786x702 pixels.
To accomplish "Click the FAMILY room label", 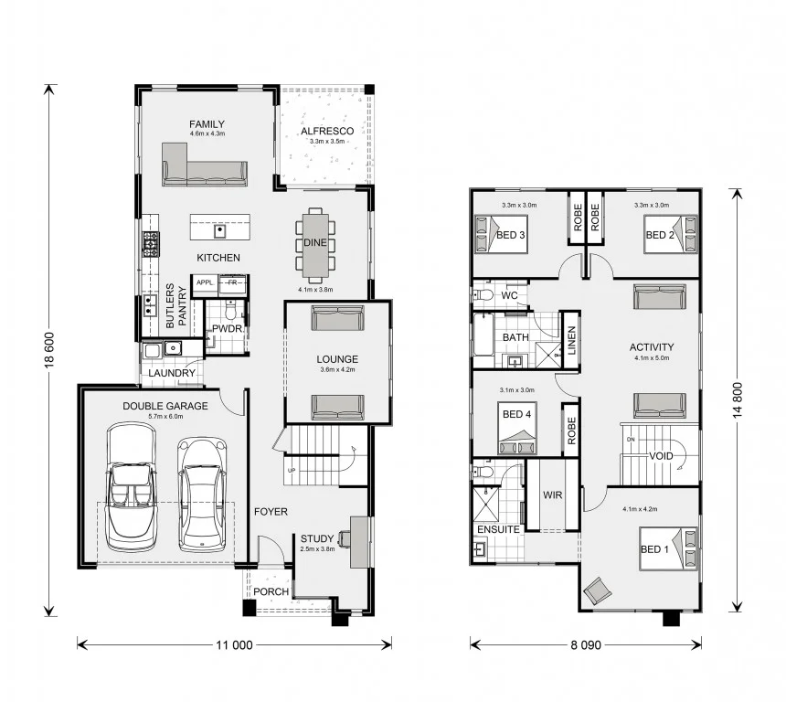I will [x=207, y=124].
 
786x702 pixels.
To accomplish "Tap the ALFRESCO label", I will [x=326, y=131].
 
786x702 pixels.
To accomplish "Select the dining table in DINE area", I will [x=315, y=245].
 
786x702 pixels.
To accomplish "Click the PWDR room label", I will [x=226, y=328].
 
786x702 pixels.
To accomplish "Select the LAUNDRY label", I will [x=171, y=373].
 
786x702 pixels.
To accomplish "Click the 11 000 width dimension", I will [x=234, y=644].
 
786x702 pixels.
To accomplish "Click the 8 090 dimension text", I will [x=584, y=644].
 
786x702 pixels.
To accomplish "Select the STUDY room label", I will [x=317, y=539].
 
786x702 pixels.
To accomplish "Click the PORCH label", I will [x=271, y=591].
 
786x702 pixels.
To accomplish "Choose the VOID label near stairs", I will [x=662, y=456].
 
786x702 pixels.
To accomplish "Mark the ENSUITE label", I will [x=498, y=529].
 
